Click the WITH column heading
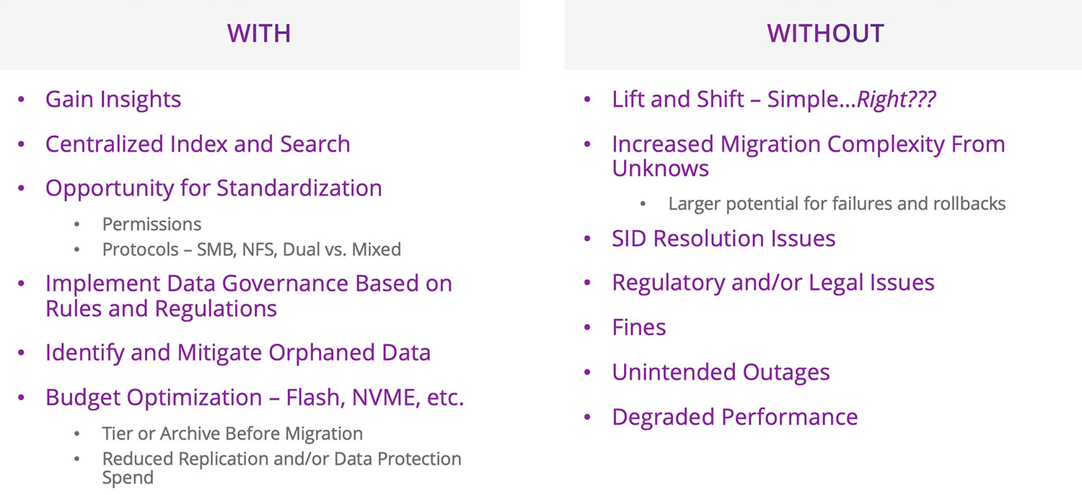coord(259,33)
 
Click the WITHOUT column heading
coord(825,33)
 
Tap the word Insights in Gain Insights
coord(141,100)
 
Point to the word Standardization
coord(299,188)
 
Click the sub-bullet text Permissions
coord(151,224)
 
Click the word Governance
coord(285,284)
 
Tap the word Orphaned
coord(322,352)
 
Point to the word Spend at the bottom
coord(128,478)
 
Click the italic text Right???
coord(896,100)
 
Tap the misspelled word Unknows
coord(660,168)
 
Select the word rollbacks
coord(969,203)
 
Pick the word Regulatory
coord(669,283)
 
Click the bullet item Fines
coord(638,328)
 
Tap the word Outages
coord(786,372)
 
